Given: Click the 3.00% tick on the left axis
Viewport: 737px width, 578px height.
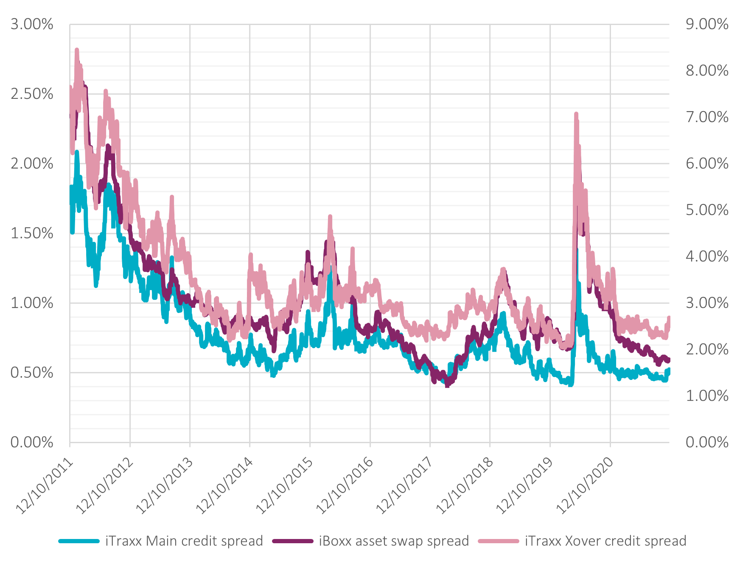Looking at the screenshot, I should click(x=32, y=24).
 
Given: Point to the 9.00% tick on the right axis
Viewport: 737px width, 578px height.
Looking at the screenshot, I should click(x=706, y=24).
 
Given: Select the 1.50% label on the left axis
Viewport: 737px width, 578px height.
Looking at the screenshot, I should click(x=32, y=233).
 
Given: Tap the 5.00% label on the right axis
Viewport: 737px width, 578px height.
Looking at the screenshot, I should click(x=706, y=210).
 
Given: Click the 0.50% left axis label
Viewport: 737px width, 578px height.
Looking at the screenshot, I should click(x=32, y=373).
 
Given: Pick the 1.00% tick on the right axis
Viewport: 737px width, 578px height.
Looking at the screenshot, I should click(x=706, y=396).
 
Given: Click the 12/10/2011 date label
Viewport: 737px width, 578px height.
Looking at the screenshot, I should click(x=45, y=486).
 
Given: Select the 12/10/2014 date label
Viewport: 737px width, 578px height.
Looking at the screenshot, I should click(x=224, y=486).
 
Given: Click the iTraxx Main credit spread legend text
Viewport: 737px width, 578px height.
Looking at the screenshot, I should click(x=184, y=541).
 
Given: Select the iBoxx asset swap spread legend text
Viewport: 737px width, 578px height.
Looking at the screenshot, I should click(x=394, y=541).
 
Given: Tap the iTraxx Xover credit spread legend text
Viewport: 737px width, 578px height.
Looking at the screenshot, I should click(x=605, y=541).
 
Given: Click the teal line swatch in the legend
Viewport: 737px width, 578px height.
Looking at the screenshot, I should click(x=79, y=541).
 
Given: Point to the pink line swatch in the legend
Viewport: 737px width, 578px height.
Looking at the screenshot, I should click(x=499, y=541).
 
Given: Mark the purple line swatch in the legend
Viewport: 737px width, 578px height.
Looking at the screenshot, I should click(x=293, y=541).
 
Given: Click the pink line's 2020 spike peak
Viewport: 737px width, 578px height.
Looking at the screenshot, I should click(x=576, y=114).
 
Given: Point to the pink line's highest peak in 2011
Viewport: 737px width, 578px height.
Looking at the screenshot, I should click(x=77, y=50).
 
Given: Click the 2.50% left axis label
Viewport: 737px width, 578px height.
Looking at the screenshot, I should click(x=32, y=94).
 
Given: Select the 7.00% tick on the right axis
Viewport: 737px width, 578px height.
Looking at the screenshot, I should click(x=706, y=117).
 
